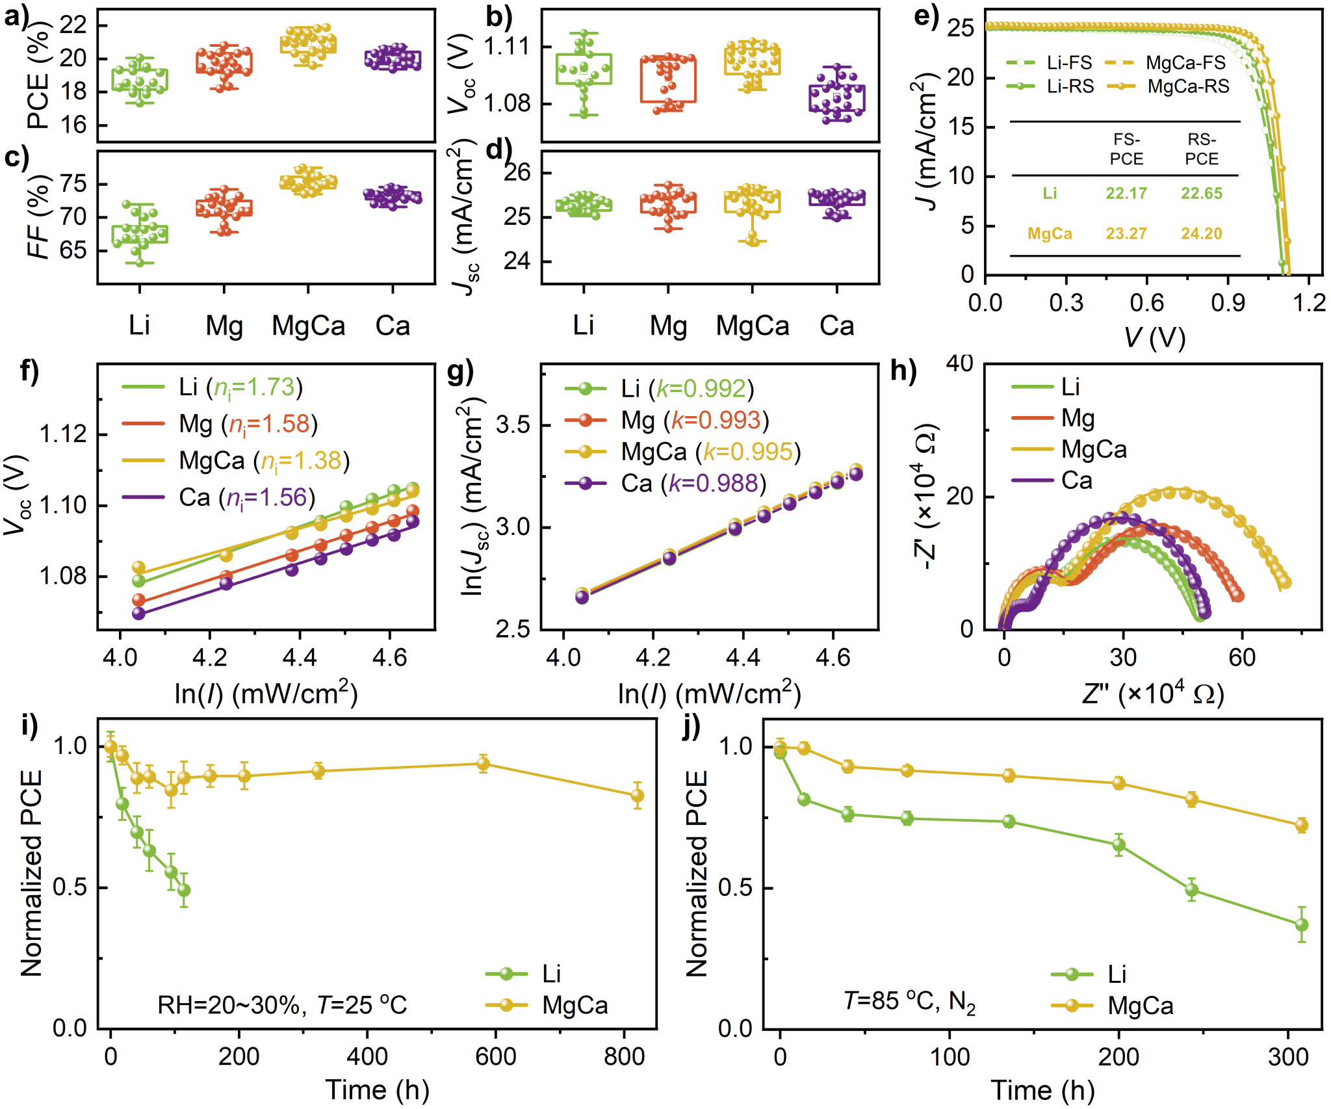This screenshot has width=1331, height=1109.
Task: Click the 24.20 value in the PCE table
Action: [1201, 233]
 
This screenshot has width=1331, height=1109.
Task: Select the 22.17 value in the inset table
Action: [1126, 193]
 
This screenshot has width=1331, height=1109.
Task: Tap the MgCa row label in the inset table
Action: [1050, 233]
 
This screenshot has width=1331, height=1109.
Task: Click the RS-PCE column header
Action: [1202, 150]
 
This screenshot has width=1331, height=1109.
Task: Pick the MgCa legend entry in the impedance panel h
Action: [1069, 449]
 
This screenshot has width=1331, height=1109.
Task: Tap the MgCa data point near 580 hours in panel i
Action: [483, 764]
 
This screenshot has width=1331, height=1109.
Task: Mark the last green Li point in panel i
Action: [184, 890]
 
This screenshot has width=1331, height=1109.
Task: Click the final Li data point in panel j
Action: [1301, 924]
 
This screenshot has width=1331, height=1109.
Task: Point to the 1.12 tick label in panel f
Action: [64, 434]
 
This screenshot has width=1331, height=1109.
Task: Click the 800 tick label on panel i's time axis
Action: [624, 1056]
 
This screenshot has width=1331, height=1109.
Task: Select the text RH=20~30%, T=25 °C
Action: [282, 1006]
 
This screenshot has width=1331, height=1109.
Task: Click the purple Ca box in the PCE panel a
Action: [393, 60]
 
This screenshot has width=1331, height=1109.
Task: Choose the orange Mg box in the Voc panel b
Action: [668, 79]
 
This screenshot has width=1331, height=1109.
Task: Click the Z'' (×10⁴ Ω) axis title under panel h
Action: [1153, 694]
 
